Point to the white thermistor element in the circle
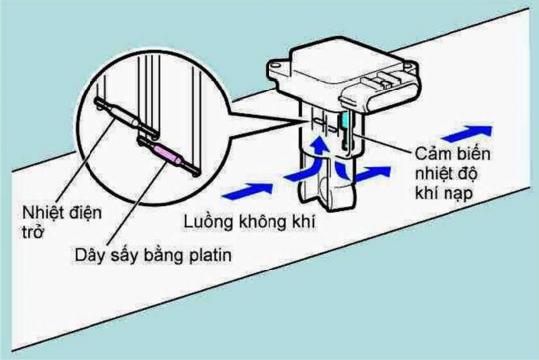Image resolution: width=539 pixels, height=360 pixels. point(120,112)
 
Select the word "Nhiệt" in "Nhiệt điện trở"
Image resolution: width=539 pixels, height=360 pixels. point(42,211)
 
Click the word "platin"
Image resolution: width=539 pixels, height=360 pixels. point(207,256)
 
